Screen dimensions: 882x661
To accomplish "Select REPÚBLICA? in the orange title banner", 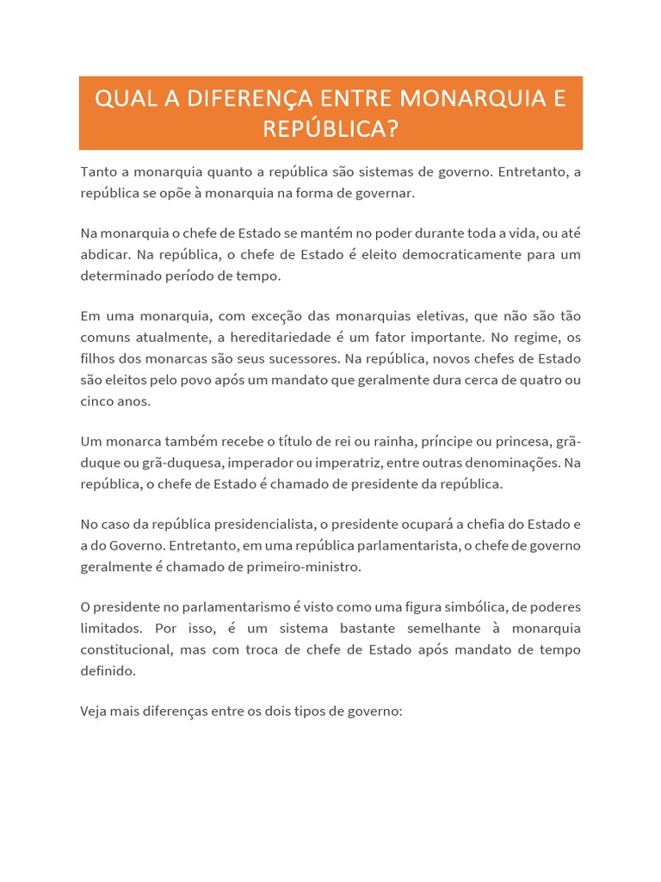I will pyautogui.click(x=330, y=129).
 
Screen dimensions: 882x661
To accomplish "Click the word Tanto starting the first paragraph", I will pyautogui.click(x=99, y=172).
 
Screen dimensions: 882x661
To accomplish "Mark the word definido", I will pyautogui.click(x=108, y=670).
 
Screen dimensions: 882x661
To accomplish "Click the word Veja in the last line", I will pyautogui.click(x=96, y=711).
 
